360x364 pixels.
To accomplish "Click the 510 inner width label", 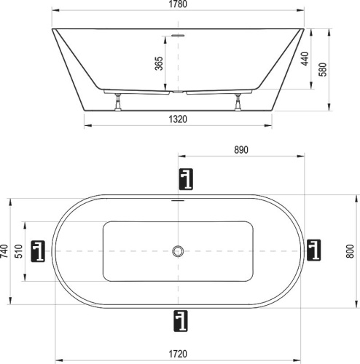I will (20, 251).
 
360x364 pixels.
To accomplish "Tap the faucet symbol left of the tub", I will (39, 251).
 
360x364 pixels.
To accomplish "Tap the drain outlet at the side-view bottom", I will (178, 92).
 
